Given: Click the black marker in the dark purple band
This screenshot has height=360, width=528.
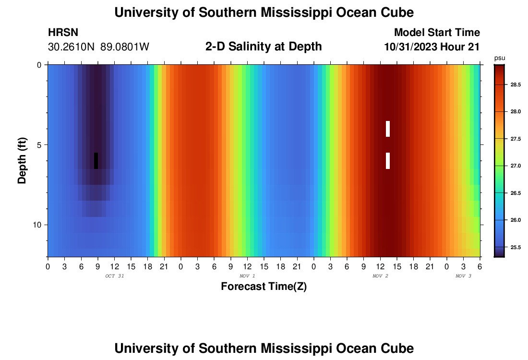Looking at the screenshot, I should (96, 161).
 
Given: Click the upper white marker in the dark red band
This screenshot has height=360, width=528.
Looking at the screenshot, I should (388, 129).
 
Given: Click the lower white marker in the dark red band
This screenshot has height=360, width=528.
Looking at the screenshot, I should (388, 161).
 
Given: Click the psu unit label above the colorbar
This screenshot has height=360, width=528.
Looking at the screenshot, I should (500, 58).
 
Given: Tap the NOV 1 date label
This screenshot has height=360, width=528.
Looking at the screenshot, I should (247, 276).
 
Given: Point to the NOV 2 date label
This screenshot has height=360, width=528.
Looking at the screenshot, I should (380, 276).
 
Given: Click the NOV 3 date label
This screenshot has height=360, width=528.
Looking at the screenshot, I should (463, 276).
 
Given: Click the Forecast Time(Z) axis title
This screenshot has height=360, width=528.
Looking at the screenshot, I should (264, 287).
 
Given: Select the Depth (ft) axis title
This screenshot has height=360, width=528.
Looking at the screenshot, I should (22, 161).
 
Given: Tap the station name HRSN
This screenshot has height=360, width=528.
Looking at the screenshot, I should (63, 33).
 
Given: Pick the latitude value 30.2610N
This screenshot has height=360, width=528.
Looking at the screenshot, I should (72, 47).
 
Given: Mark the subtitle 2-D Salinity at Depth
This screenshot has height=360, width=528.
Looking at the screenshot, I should (264, 47).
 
